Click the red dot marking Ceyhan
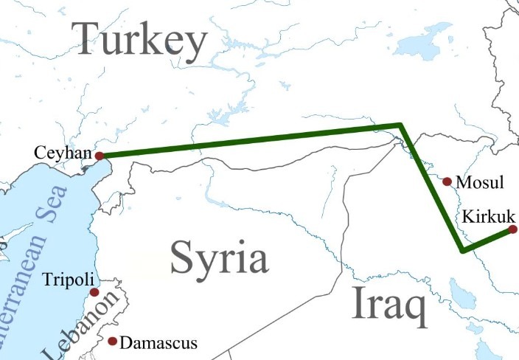pyautogui.click(x=97, y=156)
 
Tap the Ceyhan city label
pyautogui.click(x=62, y=154)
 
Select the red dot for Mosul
pyautogui.click(x=447, y=181)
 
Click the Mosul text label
pyautogui.click(x=480, y=182)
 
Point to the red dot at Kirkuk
pyautogui.click(x=513, y=229)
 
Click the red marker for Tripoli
pyautogui.click(x=94, y=292)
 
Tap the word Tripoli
pyautogui.click(x=68, y=280)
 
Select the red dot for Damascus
pyautogui.click(x=112, y=342)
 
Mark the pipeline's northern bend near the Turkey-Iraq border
pyautogui.click(x=400, y=126)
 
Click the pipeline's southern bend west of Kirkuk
pyautogui.click(x=461, y=250)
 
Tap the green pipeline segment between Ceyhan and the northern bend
pyautogui.click(x=251, y=141)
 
